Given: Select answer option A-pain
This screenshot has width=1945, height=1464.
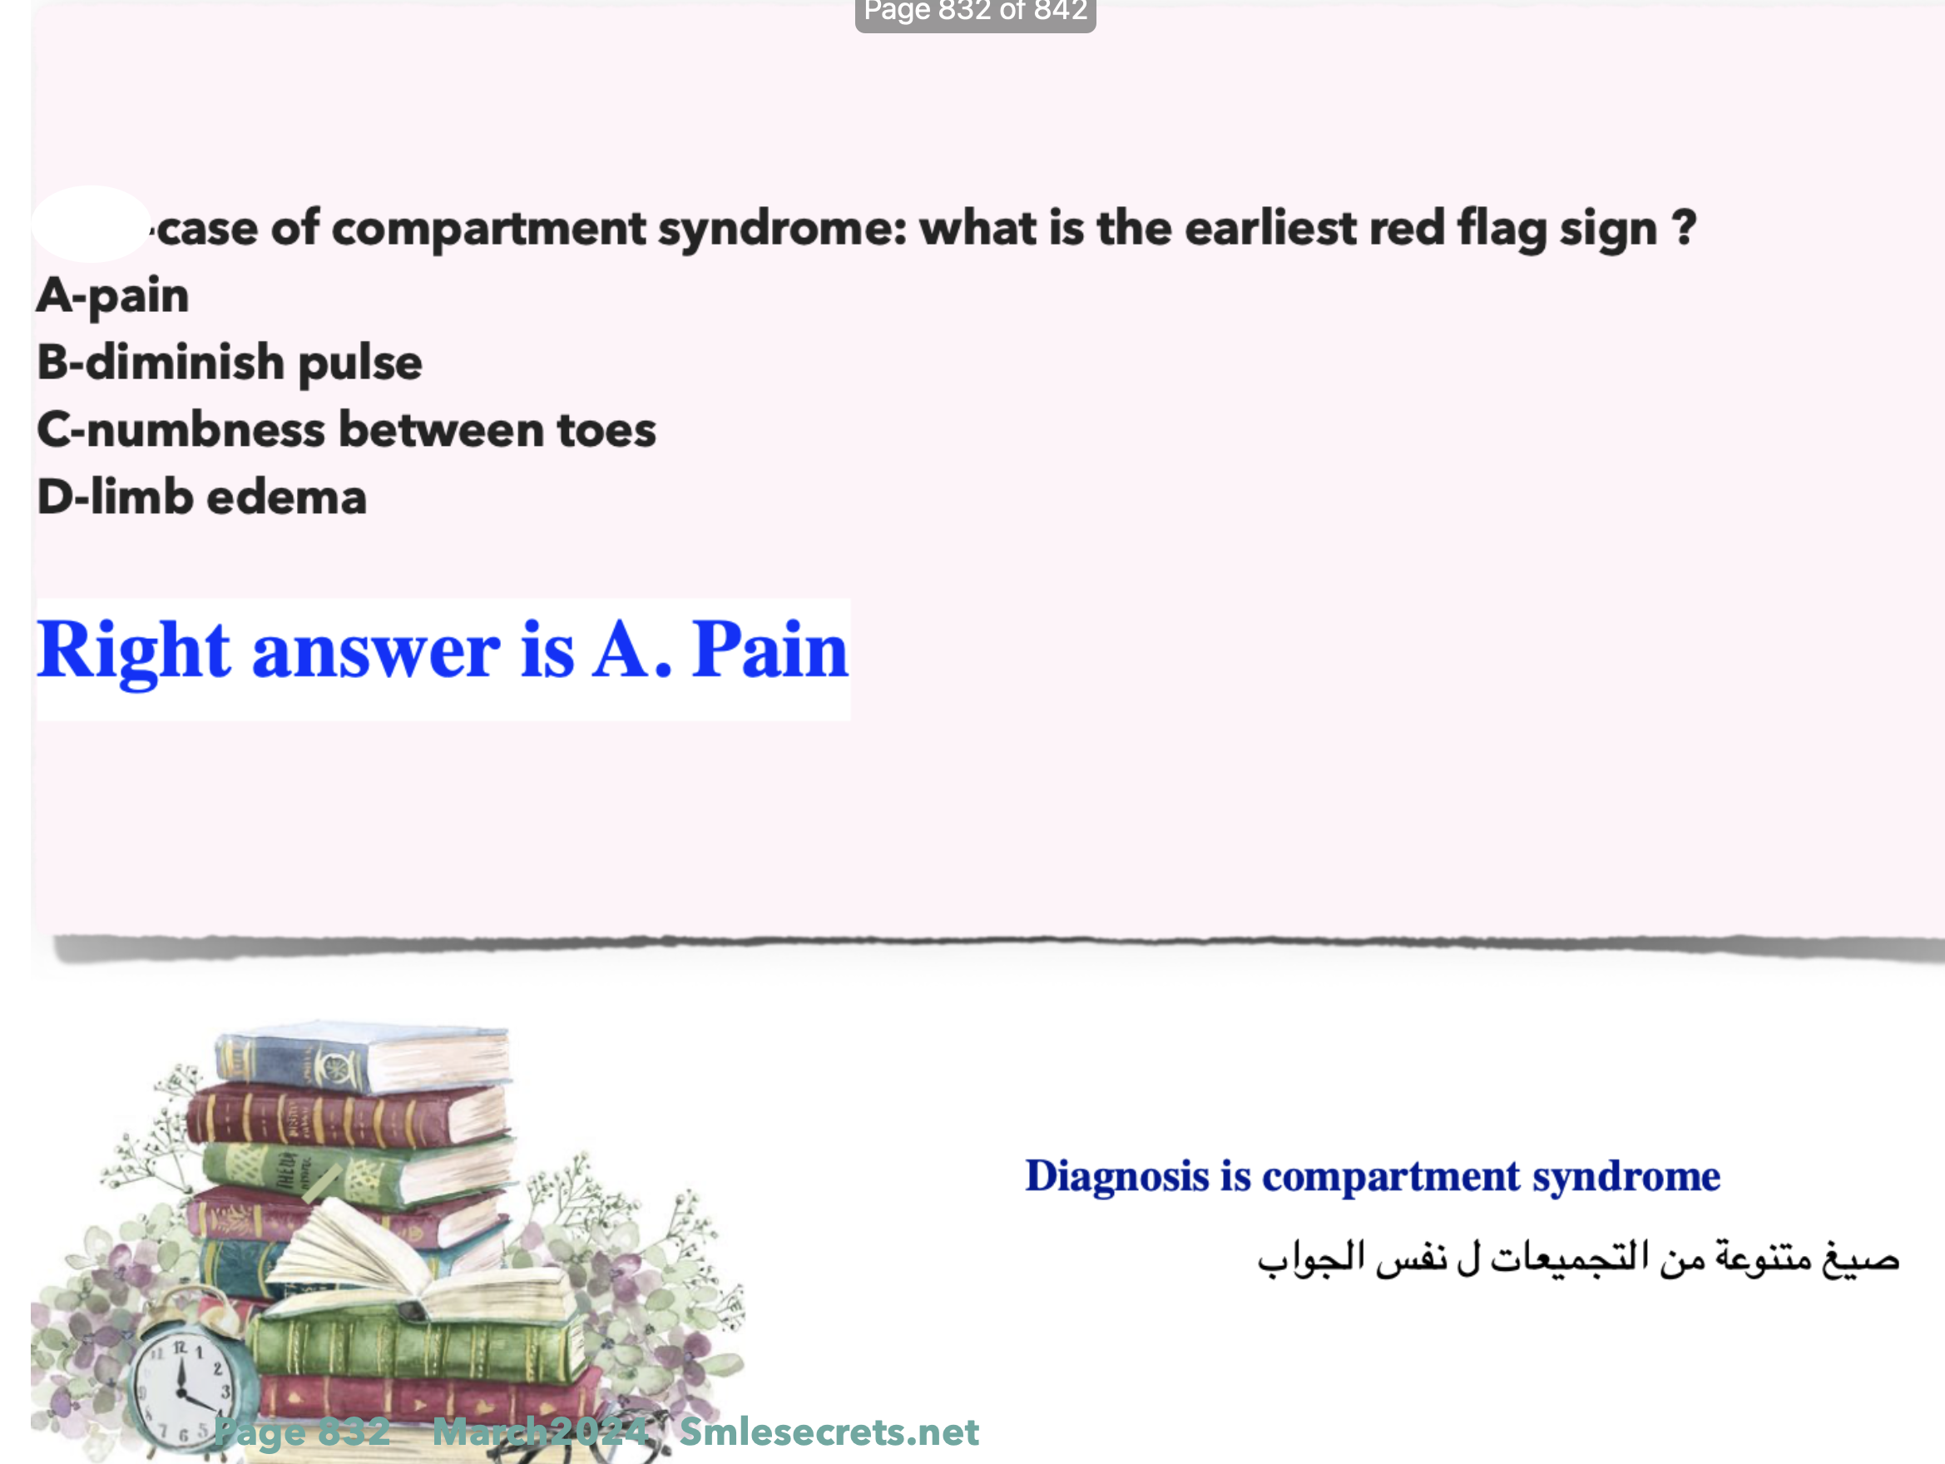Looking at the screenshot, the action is [x=112, y=295].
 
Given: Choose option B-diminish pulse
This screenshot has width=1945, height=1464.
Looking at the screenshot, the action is [x=230, y=364].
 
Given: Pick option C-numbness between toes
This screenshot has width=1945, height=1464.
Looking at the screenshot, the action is [x=346, y=430].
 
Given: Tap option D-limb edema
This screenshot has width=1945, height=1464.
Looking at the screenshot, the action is [x=201, y=497].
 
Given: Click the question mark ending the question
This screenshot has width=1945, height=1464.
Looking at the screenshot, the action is [x=1684, y=228].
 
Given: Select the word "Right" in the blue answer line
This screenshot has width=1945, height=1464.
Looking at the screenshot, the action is [x=134, y=651].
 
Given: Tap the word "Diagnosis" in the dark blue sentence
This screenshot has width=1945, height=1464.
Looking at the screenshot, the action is [x=1117, y=1176].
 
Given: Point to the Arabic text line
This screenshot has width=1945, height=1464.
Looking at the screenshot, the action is [x=1578, y=1258].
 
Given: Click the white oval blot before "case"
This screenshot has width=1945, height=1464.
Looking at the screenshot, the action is [x=92, y=223].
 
